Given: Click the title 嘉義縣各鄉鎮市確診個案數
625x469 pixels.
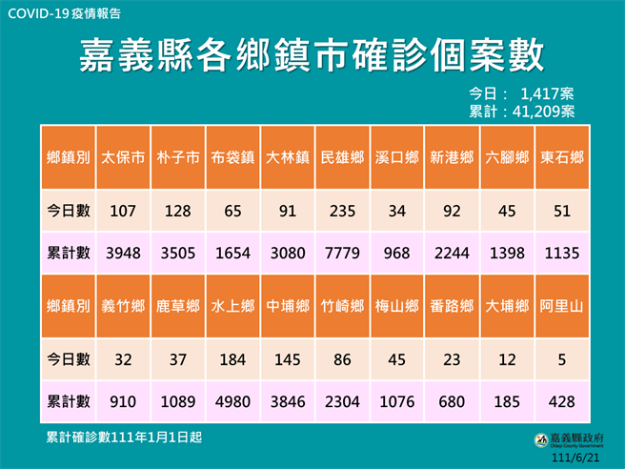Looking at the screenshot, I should (312, 54).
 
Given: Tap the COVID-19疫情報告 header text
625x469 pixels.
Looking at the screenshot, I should (64, 14).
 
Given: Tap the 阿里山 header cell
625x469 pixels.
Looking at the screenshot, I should (560, 307).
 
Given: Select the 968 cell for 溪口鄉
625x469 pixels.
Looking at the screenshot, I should (395, 254).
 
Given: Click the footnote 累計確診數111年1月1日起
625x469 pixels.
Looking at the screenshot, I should (124, 437).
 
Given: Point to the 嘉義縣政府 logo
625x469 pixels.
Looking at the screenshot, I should (568, 439).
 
